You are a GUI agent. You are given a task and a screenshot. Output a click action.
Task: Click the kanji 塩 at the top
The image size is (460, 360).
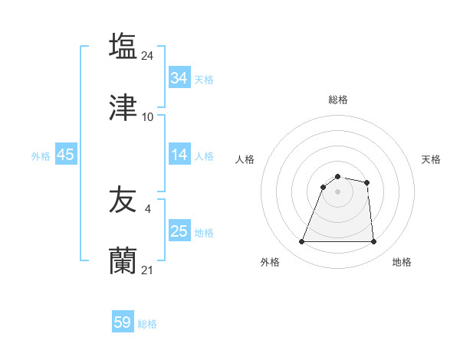(x=123, y=46)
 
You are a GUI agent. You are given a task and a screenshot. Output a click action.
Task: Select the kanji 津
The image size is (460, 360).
(x=123, y=107)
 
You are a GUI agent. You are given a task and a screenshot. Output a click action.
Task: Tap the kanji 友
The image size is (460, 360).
(x=123, y=201)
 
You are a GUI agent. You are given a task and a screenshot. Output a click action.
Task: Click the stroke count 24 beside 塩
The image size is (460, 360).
(x=148, y=55)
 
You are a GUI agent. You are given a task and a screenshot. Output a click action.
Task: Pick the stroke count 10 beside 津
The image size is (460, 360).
(x=148, y=116)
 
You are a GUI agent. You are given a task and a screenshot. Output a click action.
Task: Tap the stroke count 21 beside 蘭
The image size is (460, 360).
(x=148, y=270)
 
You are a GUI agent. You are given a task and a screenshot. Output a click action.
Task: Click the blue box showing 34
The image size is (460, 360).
(x=179, y=78)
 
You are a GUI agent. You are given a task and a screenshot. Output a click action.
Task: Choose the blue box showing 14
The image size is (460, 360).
(x=179, y=155)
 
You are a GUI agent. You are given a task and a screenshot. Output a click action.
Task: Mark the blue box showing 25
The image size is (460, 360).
(x=179, y=231)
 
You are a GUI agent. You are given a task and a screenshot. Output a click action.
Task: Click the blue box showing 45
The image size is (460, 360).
(x=65, y=155)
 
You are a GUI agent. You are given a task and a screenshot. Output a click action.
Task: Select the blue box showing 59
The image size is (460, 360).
(x=123, y=322)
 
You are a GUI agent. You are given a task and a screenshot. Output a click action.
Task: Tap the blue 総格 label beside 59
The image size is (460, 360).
(x=147, y=324)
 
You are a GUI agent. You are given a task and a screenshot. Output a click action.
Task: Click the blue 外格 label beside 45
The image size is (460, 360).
(x=41, y=155)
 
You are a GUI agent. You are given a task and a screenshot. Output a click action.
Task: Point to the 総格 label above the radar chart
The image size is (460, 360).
(x=337, y=100)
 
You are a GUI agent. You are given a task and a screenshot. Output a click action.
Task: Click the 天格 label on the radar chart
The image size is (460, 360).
(x=431, y=159)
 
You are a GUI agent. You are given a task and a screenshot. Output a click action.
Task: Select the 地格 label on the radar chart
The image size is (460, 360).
(x=402, y=262)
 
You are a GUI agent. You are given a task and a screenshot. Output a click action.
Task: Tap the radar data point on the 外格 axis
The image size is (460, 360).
(x=302, y=242)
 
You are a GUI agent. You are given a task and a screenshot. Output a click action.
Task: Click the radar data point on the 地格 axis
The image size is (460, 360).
(x=373, y=242)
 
